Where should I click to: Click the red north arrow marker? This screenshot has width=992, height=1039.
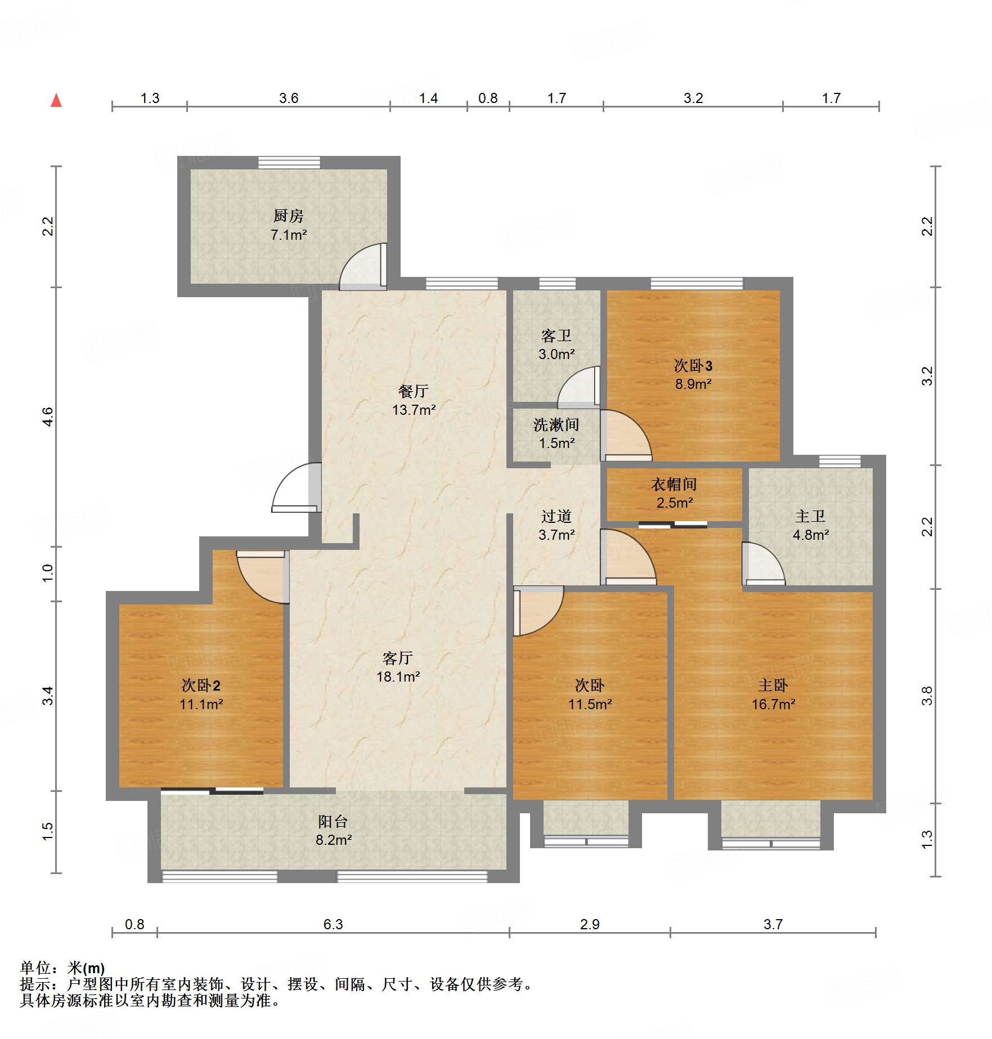coord(56,101)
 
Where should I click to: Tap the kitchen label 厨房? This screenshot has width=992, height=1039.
coord(288,216)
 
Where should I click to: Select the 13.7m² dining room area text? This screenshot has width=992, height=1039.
coord(414,410)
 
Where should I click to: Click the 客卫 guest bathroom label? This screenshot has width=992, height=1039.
coord(556,336)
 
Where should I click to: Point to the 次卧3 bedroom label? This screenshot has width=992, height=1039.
coord(693,366)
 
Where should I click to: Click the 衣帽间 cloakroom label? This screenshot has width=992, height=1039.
coord(674,484)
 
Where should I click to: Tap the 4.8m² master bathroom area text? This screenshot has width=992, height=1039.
coord(810,535)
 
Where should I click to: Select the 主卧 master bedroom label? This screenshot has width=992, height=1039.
coord(773,685)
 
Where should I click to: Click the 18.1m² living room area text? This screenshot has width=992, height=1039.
coord(398,677)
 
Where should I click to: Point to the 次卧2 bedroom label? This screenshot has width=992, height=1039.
coord(201,685)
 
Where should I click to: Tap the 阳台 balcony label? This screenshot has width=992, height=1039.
coord(333,821)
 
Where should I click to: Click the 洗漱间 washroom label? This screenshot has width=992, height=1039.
coord(556,424)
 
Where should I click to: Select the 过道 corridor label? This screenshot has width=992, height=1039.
coord(556,516)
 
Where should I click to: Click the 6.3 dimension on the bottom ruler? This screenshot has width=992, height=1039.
coord(333,924)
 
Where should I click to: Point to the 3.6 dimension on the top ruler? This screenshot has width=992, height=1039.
coord(288,98)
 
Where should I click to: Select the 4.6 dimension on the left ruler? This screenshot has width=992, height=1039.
coord(48,417)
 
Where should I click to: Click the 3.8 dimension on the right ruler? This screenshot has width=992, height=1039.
coord(927,696)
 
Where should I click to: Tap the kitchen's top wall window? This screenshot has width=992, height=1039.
coord(289,163)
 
